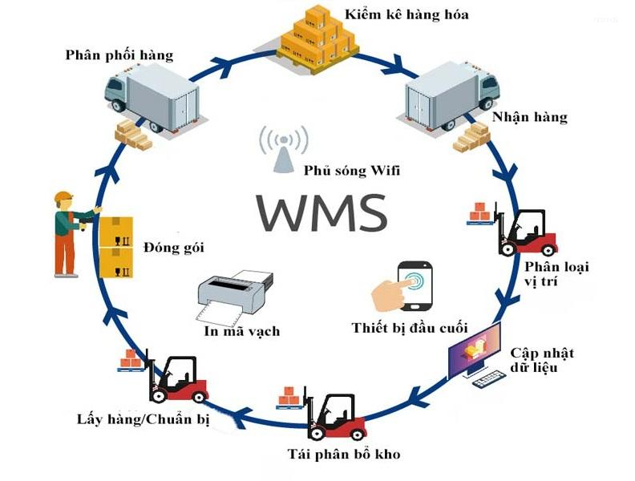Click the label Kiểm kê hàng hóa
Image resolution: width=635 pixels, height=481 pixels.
[x=406, y=14]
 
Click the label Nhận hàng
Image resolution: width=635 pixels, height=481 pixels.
[x=529, y=117]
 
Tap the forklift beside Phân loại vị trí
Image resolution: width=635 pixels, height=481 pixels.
[x=526, y=232]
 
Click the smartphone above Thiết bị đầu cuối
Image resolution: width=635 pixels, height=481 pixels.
[x=415, y=285]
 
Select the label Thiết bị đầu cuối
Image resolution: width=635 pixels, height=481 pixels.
[x=409, y=327]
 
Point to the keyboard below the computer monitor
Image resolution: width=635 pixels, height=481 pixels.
[x=491, y=380]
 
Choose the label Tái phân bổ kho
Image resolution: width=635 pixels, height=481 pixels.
[x=343, y=455]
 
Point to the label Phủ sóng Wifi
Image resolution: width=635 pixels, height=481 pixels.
[x=352, y=170]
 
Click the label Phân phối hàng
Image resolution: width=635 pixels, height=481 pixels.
[x=119, y=55]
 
